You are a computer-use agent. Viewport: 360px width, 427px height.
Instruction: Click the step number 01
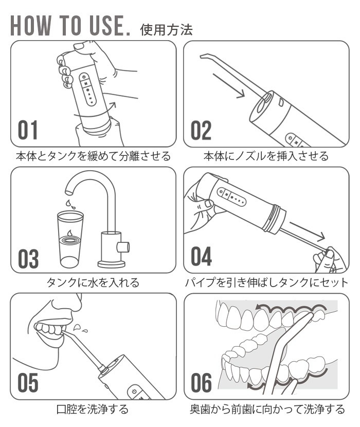tap(28, 130)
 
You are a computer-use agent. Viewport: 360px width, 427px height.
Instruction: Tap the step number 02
tap(201, 130)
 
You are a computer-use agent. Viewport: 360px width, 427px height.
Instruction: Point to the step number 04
tap(201, 256)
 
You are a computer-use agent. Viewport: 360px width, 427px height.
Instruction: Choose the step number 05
tap(28, 383)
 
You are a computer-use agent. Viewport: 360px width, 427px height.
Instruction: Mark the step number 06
tap(201, 383)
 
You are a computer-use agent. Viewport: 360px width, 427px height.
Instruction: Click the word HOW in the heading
tap(30, 26)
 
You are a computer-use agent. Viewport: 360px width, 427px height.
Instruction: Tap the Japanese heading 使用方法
tap(166, 29)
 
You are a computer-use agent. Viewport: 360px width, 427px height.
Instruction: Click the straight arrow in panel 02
tap(229, 85)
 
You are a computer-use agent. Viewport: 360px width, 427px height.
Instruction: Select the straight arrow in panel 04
tap(307, 231)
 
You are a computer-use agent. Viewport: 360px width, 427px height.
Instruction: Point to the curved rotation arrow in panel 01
tap(96, 112)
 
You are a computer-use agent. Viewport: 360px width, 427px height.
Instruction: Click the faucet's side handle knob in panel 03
tap(123, 247)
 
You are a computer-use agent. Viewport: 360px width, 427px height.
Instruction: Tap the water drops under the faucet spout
tap(70, 204)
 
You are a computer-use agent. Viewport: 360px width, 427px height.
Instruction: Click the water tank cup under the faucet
tap(70, 239)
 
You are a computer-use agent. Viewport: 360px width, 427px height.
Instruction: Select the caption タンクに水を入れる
tap(93, 282)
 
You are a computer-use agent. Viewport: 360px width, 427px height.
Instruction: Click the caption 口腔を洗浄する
tap(93, 409)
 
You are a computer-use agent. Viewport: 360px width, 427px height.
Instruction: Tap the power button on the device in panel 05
tap(134, 392)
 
